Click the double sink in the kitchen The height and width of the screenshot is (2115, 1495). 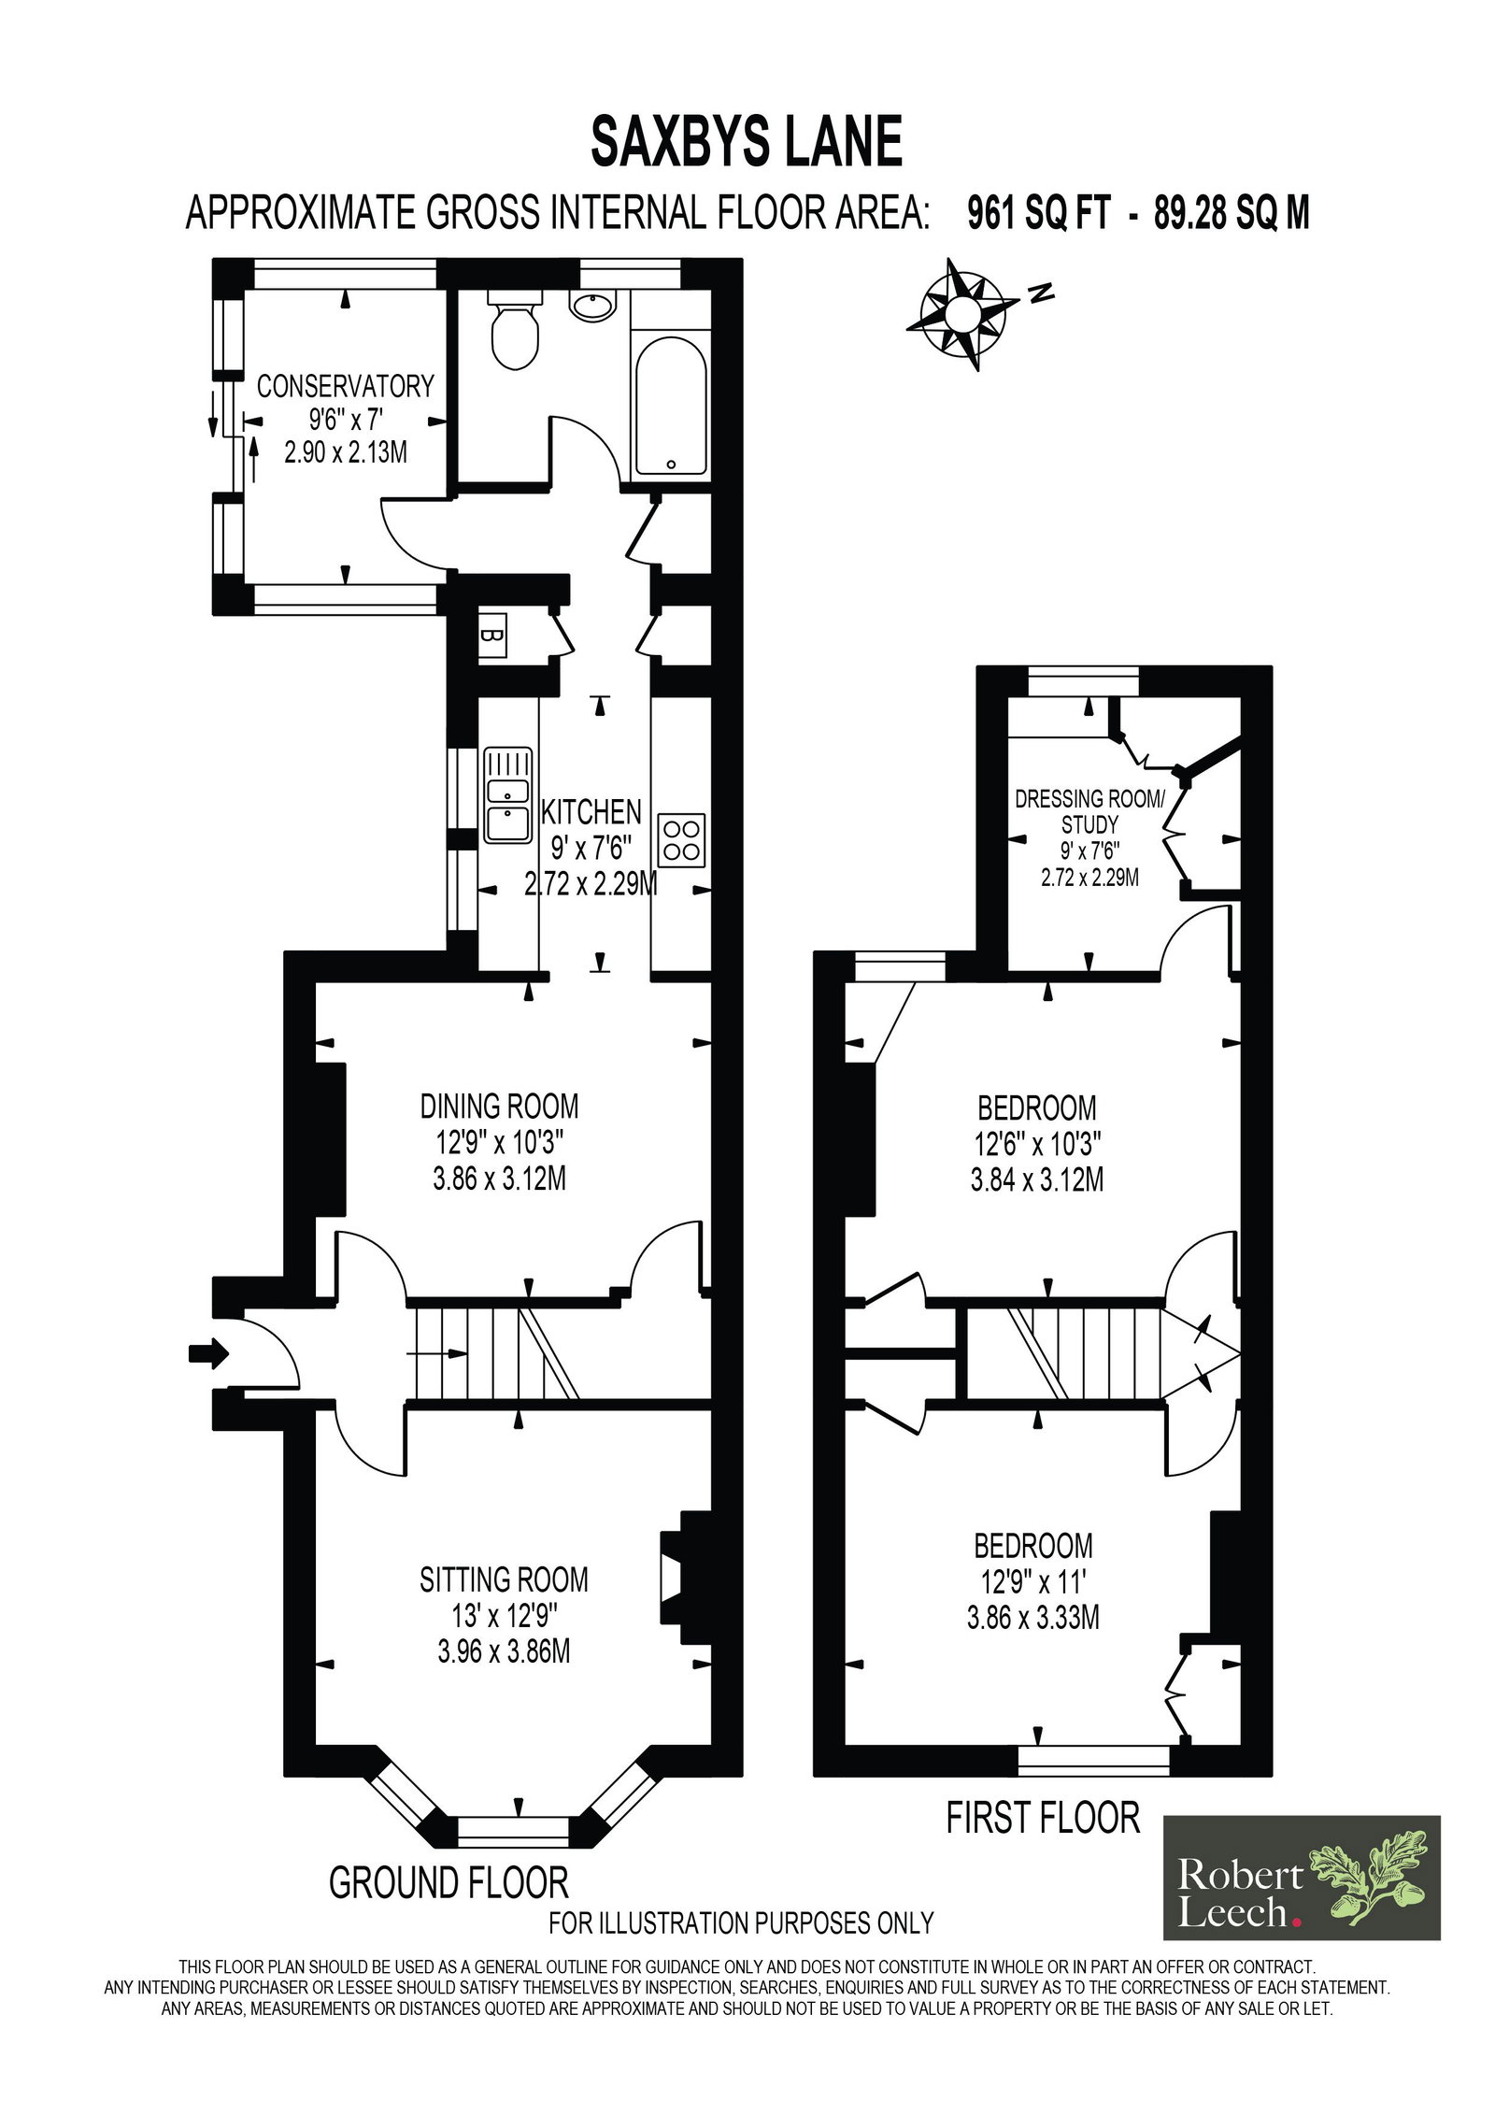[508, 794]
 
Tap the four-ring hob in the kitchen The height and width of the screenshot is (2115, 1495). [682, 839]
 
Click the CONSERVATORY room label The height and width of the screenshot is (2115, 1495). [346, 386]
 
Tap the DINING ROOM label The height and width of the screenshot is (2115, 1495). [499, 1107]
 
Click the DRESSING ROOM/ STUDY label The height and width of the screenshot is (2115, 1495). [1090, 812]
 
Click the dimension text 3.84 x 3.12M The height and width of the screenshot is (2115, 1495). [1036, 1179]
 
